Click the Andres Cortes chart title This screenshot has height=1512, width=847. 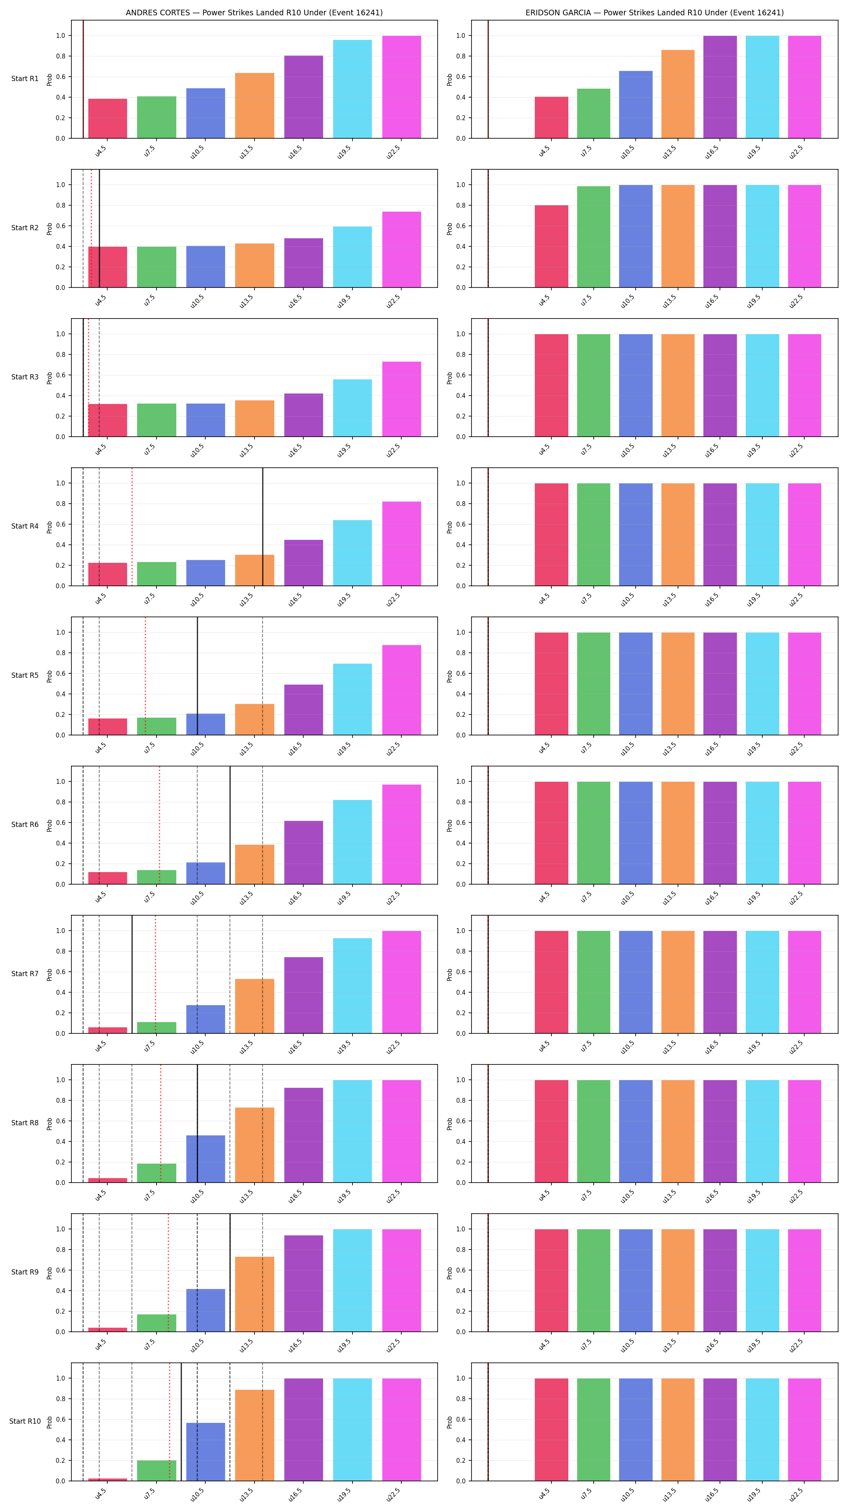(x=254, y=12)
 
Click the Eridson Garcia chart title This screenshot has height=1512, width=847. (x=655, y=12)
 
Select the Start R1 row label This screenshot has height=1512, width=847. (x=25, y=79)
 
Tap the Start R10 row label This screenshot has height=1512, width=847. (x=25, y=1421)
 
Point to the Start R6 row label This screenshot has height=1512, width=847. (x=25, y=825)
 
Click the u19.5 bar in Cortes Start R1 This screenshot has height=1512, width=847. (x=352, y=89)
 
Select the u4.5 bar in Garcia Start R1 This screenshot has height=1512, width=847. (x=551, y=117)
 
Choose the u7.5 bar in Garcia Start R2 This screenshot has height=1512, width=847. (x=593, y=237)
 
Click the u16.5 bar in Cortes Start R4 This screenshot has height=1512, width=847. (x=303, y=563)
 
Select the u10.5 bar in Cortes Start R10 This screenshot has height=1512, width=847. (x=205, y=1452)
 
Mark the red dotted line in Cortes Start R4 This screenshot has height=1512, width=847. (x=132, y=527)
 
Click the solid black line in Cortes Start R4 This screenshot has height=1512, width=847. (x=263, y=527)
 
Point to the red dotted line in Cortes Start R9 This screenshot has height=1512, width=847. (x=169, y=1272)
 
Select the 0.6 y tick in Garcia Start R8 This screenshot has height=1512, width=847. (x=460, y=1121)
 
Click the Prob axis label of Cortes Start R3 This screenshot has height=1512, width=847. (x=49, y=378)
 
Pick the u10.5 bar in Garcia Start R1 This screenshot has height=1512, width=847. (x=636, y=104)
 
